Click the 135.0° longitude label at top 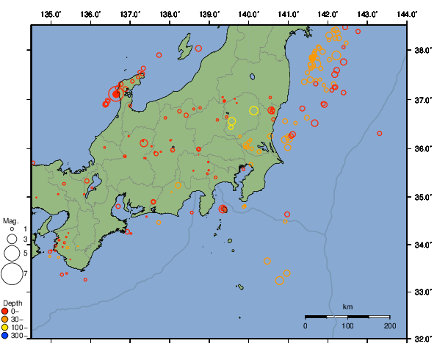tap(51, 15)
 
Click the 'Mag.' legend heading tap(10, 220)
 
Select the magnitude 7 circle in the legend tap(11, 274)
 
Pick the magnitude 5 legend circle tap(11, 253)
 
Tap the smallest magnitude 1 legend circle tap(11, 229)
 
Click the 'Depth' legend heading tap(12, 303)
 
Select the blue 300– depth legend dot tap(6, 335)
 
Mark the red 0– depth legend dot tap(6, 312)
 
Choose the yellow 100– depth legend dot tap(6, 327)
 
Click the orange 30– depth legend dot tap(6, 319)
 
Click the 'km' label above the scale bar tap(347, 306)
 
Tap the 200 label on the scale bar tap(390, 325)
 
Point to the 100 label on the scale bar tap(347, 325)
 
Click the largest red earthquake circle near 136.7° tap(116, 94)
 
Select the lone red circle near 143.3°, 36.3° tap(380, 134)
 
